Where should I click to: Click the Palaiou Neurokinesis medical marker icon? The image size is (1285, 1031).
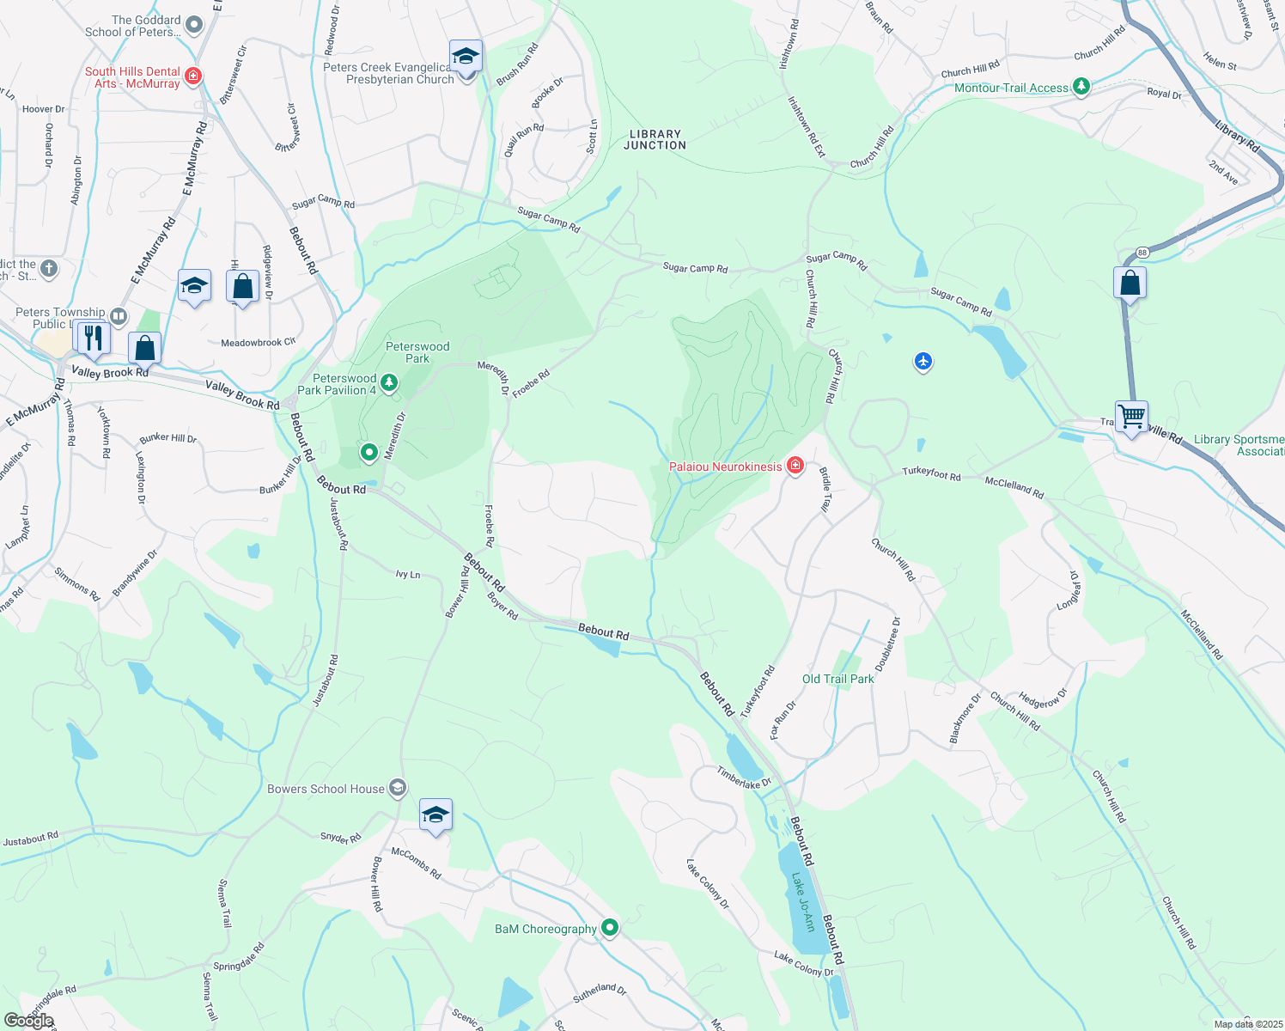pos(795,467)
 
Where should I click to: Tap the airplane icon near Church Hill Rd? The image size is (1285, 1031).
pos(923,362)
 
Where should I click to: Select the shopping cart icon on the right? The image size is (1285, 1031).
pos(1131,418)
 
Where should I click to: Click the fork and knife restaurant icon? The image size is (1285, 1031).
pos(93,336)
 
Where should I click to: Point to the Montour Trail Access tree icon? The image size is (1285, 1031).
pos(1081,87)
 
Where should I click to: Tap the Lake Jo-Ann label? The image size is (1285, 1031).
pos(803,902)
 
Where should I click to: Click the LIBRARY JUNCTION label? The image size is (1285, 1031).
pos(655,140)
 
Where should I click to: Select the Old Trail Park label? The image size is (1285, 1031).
pos(837,679)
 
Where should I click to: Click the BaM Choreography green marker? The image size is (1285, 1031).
pos(610,928)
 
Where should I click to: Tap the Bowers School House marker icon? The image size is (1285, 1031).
pos(397,788)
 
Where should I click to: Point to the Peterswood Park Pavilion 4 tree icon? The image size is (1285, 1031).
pos(389,383)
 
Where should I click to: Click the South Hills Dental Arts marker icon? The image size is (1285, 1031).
pos(193,76)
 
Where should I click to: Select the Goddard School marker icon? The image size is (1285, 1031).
pos(193,25)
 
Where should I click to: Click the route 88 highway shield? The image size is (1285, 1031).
pos(1142,253)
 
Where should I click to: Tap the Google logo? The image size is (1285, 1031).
pos(28,1020)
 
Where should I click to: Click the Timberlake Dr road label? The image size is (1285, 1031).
pos(744,777)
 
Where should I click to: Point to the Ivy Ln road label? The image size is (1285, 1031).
pos(407,574)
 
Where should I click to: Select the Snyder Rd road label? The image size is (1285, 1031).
pos(340,838)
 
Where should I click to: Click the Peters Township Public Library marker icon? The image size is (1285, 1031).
pos(119,317)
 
